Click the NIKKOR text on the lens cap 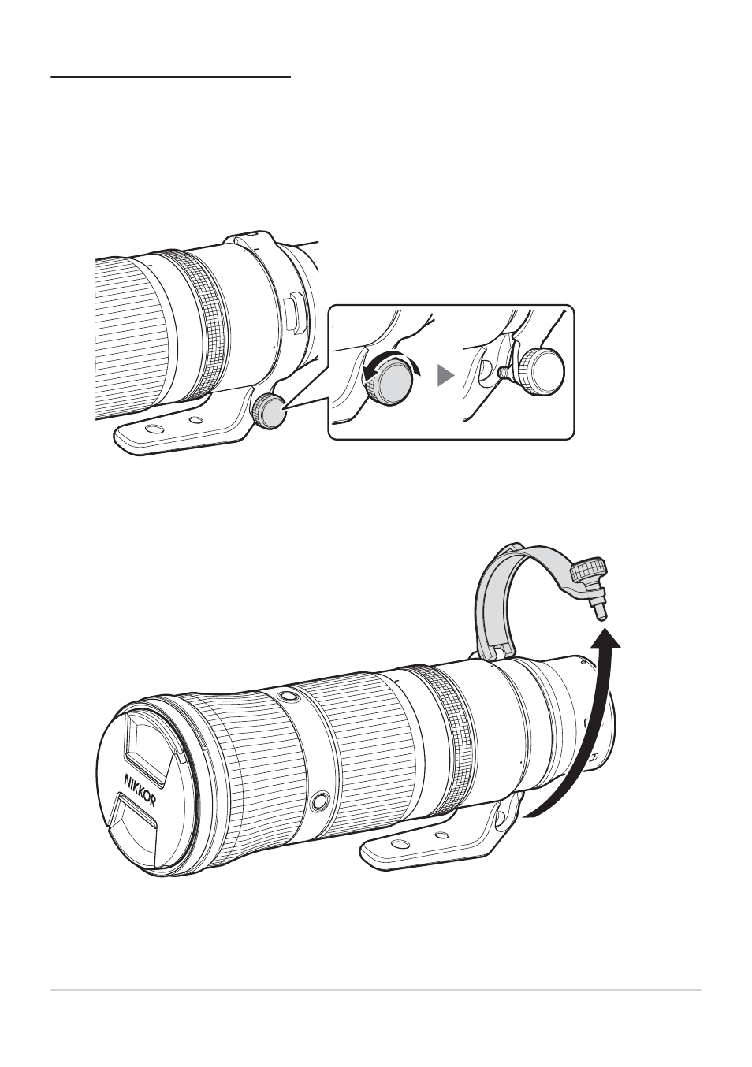[x=140, y=794]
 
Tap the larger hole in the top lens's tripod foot [x=154, y=430]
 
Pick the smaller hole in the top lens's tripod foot [x=195, y=421]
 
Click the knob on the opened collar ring [x=590, y=571]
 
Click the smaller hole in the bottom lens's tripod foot [x=441, y=835]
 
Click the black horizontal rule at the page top [x=170, y=76]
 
